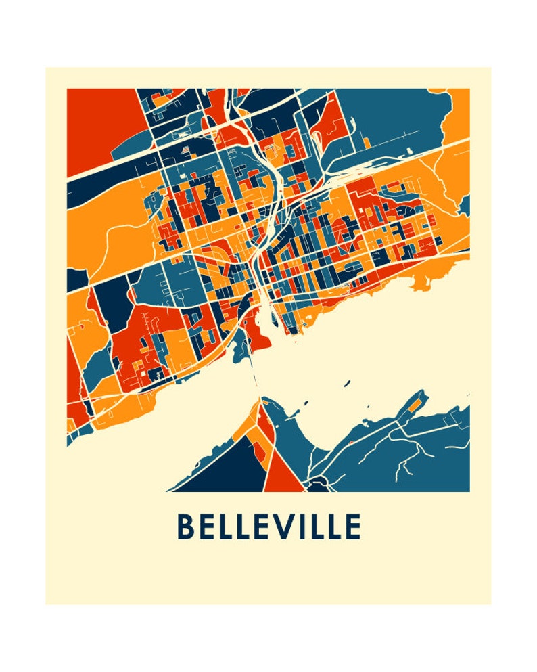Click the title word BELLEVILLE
point(268,527)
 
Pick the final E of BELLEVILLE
point(352,527)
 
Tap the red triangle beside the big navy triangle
point(283,478)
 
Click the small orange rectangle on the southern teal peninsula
point(411,407)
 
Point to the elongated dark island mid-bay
point(346,384)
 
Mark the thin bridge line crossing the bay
point(255,379)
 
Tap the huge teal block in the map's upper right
point(392,115)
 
